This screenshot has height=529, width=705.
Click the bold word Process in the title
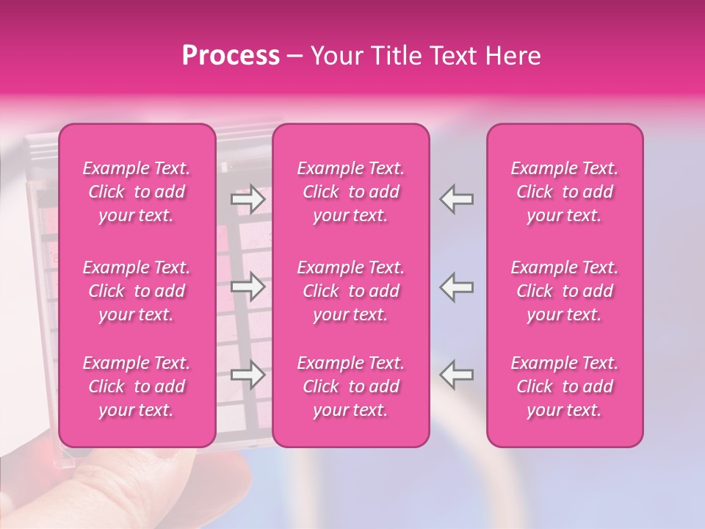tap(231, 56)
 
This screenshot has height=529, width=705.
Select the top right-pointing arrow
tap(248, 199)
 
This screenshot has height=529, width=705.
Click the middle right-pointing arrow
tap(248, 287)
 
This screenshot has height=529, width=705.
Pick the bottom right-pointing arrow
tap(248, 375)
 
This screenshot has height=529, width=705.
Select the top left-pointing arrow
tap(457, 199)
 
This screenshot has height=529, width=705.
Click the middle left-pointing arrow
tap(457, 287)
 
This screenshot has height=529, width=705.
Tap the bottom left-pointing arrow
tap(457, 375)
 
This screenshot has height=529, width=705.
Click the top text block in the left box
tap(137, 192)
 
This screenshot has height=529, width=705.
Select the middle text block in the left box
tap(137, 291)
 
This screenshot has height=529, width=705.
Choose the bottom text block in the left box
tap(137, 386)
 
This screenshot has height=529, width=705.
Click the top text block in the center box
tap(350, 192)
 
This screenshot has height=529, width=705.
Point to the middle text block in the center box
tap(350, 291)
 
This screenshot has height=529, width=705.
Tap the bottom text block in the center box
tap(350, 386)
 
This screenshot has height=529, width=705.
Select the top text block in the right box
tap(564, 192)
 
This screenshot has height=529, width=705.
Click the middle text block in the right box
tap(564, 291)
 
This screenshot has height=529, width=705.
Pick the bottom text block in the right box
tap(564, 386)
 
